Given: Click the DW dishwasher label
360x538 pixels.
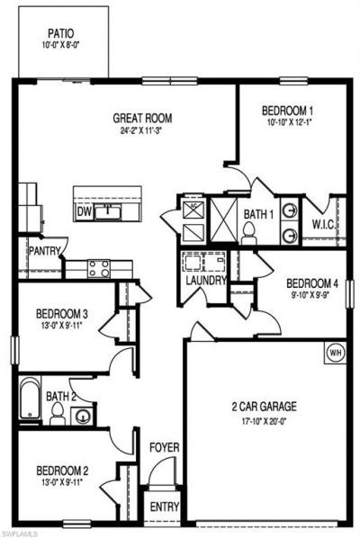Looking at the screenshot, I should (x=84, y=211).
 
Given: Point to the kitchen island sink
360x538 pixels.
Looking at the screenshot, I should (x=109, y=211).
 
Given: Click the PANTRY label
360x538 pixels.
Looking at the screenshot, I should (x=43, y=251).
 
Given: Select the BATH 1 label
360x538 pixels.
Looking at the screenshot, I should (x=258, y=214).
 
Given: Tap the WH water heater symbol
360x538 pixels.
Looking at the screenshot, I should (x=335, y=351).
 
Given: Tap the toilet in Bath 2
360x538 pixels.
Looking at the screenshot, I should (x=58, y=415).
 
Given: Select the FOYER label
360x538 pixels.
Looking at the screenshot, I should (x=164, y=447).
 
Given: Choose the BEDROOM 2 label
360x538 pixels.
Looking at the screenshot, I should (x=61, y=470).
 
